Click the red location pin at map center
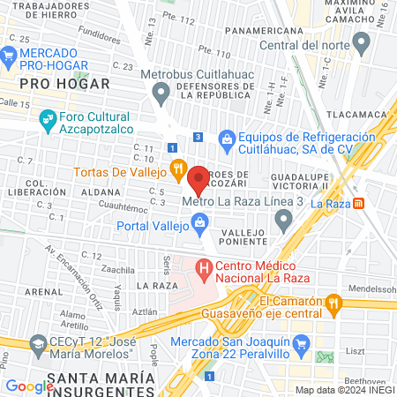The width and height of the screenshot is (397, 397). [198, 178]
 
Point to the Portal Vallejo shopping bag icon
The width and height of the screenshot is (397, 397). [202, 224]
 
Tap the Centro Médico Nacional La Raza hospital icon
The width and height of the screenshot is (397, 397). [205, 266]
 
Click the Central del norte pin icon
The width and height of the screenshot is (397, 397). [361, 41]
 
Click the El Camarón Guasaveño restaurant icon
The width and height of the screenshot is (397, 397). [333, 304]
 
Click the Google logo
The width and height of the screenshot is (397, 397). [29, 386]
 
